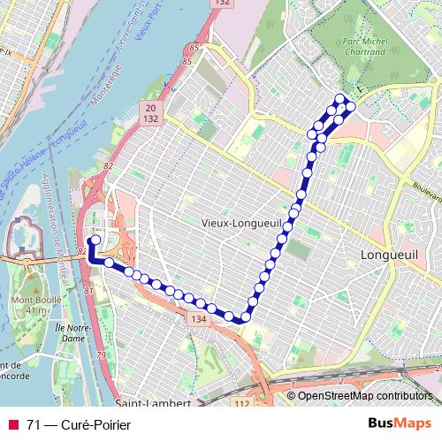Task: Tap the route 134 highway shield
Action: [x=198, y=319]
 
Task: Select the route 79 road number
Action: [x=101, y=355]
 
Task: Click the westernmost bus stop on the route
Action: [x=95, y=240]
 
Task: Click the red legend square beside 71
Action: [x=13, y=425]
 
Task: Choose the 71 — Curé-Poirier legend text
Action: [x=79, y=425]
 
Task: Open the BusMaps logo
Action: [x=399, y=424]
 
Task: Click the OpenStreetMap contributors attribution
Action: [x=365, y=396]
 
